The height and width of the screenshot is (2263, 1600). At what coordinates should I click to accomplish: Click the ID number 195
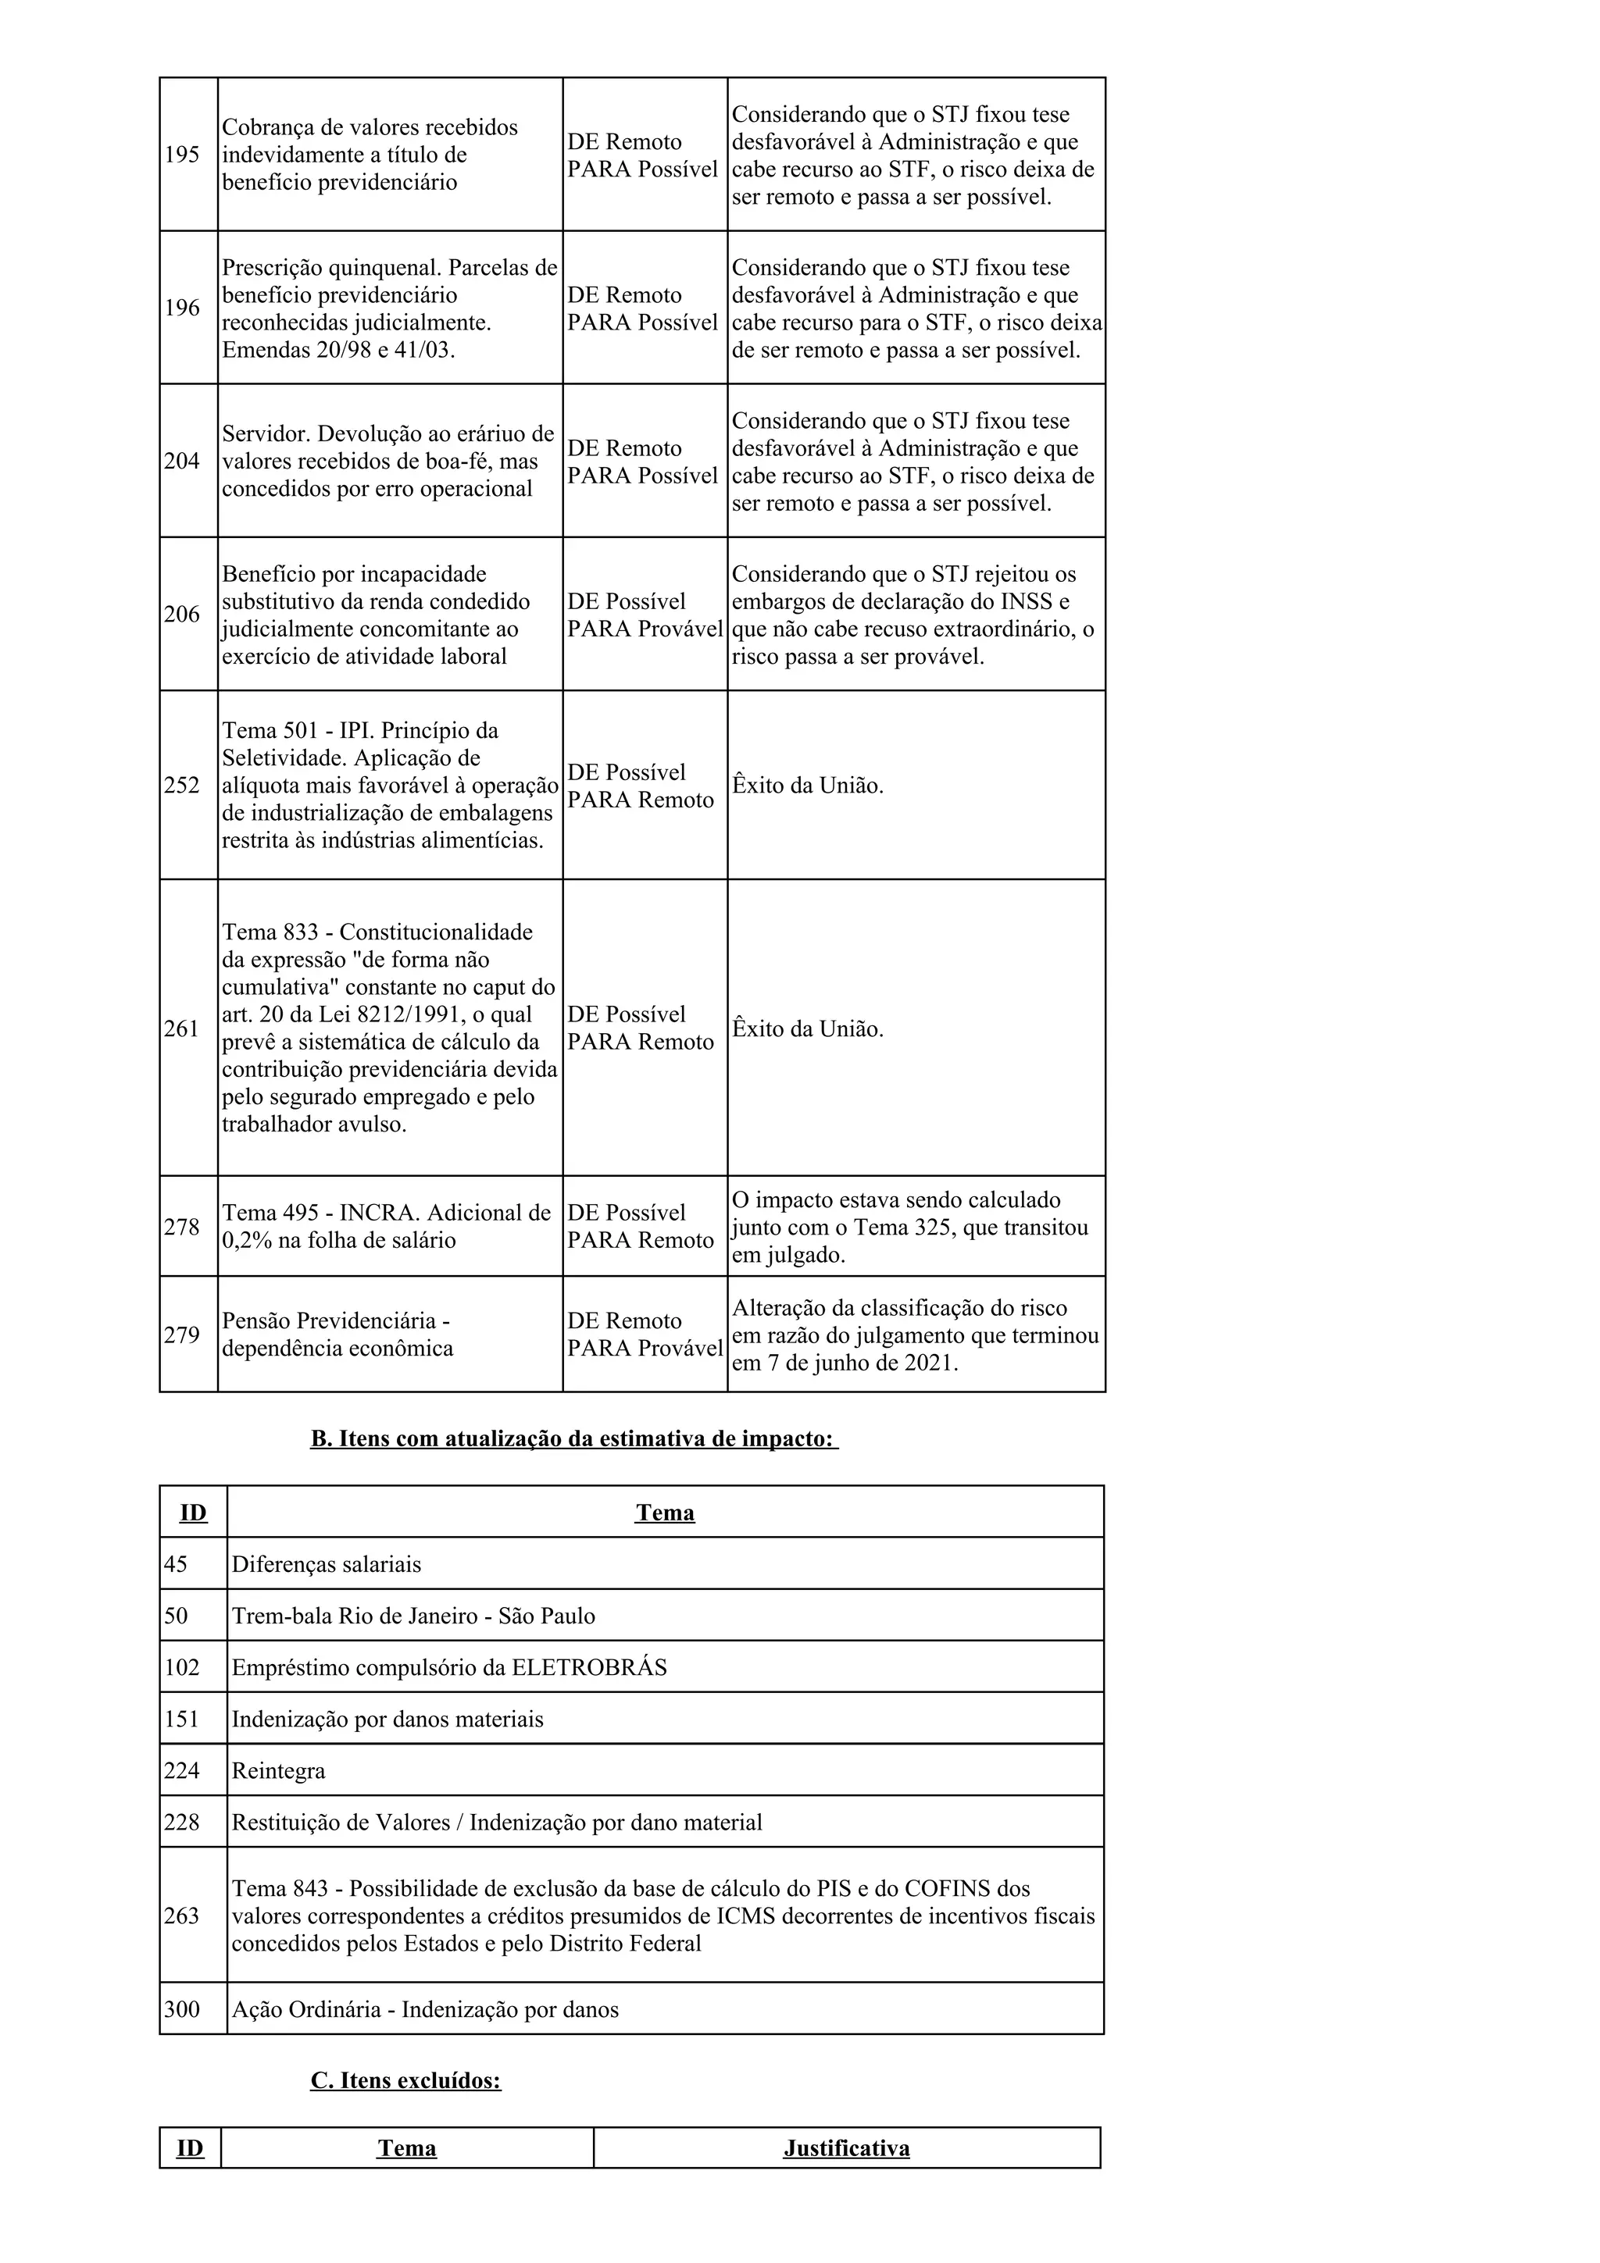(x=181, y=155)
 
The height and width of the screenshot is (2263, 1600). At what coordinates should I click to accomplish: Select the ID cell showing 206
(x=181, y=614)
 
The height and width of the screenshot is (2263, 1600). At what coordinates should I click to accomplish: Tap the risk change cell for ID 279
(x=645, y=1335)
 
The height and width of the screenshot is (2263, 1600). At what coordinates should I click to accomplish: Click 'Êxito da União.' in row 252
(x=807, y=786)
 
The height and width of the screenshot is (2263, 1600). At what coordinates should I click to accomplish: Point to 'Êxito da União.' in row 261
(x=807, y=1029)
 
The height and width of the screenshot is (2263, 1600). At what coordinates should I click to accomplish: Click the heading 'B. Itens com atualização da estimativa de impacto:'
(x=573, y=1438)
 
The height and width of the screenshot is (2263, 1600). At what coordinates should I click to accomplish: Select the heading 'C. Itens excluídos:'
(x=405, y=2079)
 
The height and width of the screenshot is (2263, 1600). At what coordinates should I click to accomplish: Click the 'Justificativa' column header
(x=846, y=2147)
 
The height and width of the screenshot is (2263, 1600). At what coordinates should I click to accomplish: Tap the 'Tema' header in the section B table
(x=664, y=1512)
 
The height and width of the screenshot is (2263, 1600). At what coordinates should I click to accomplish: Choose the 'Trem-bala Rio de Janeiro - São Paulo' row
(x=413, y=1616)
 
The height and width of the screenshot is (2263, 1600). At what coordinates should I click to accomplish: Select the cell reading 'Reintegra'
(x=278, y=1770)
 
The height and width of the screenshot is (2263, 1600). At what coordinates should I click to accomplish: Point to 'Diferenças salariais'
(x=327, y=1564)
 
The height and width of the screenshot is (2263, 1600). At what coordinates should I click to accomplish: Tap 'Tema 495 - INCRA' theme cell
(x=385, y=1226)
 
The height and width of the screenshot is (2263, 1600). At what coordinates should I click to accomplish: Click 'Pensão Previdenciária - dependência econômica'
(x=337, y=1335)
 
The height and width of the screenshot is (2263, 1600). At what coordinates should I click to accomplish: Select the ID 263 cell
(x=181, y=1915)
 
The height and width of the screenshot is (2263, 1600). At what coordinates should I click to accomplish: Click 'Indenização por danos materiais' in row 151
(x=387, y=1719)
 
